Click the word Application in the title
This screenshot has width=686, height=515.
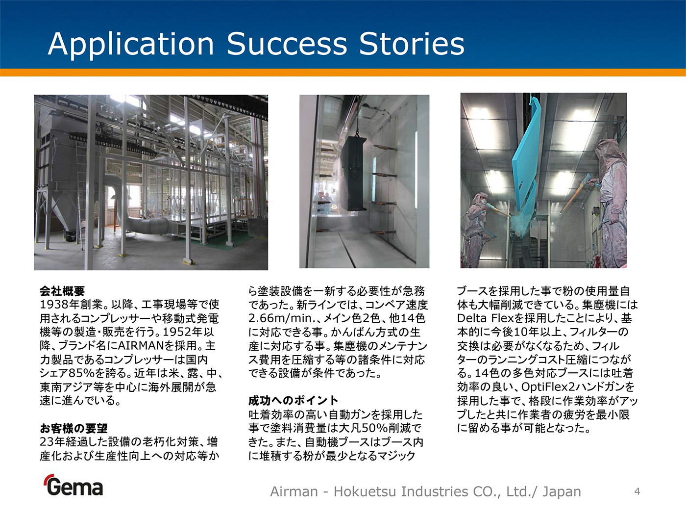131,45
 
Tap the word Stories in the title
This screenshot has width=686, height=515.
412,44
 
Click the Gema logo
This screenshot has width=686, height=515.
73,485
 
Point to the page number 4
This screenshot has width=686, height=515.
637,491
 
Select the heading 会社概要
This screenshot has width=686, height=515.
62,291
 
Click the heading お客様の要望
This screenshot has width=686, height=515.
73,428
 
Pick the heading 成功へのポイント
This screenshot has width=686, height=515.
293,401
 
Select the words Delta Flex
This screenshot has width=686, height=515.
486,318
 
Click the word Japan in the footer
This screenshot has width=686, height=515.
562,492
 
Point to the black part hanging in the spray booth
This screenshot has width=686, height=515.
354,174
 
